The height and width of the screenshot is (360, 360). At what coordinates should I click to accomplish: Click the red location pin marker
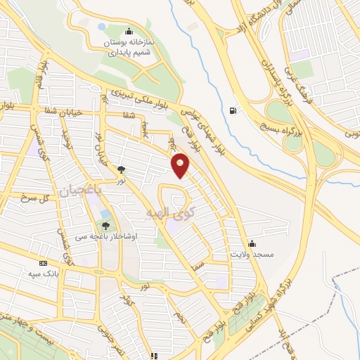(181, 165)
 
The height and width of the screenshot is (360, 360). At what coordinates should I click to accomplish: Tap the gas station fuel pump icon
(233, 110)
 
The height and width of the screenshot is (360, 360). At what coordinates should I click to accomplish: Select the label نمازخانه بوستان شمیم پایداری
(129, 43)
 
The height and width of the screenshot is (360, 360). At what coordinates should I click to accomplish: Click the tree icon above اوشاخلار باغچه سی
(105, 226)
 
